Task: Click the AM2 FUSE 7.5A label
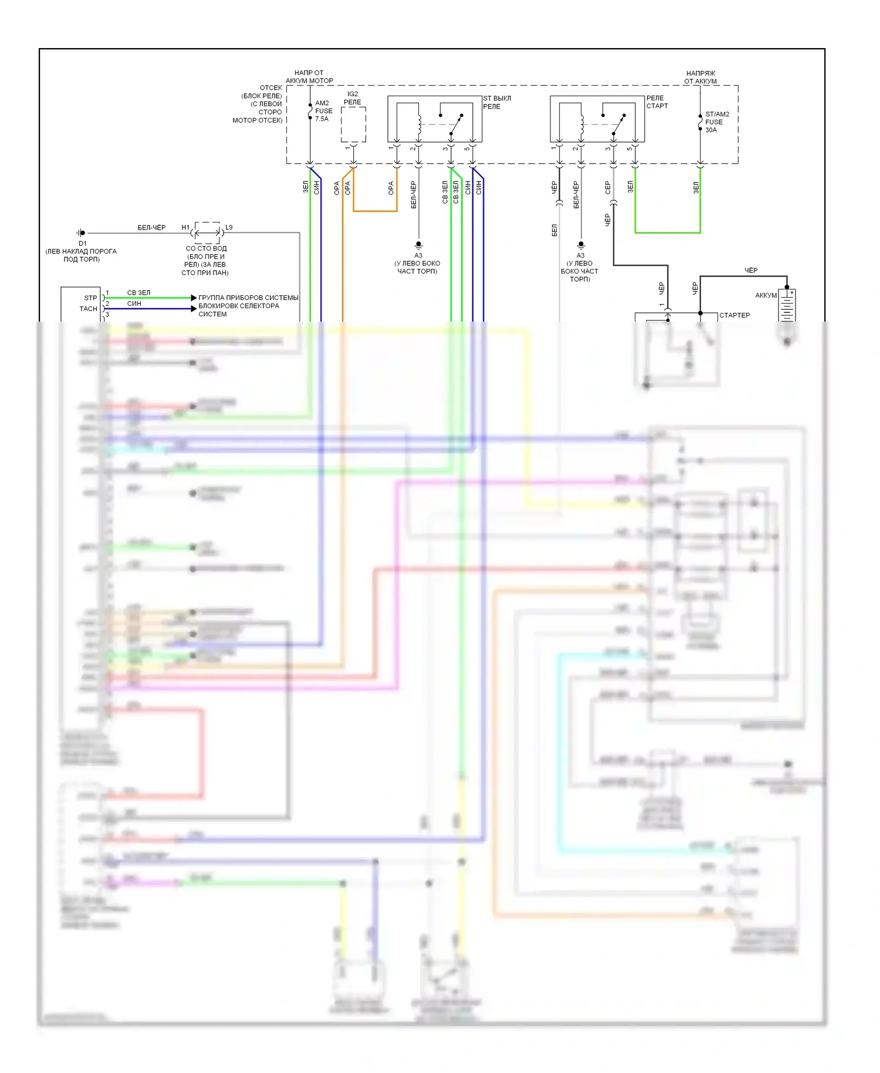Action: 323,111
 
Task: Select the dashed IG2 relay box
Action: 353,124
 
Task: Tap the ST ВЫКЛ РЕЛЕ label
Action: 497,102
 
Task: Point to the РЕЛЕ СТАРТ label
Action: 657,102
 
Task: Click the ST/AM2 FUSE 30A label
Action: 717,122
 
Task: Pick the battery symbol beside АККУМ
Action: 787,306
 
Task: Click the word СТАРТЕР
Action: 735,315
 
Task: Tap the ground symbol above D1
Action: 81,233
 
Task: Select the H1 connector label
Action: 185,227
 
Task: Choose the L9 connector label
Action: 229,227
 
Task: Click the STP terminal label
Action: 90,298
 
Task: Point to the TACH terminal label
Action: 89,309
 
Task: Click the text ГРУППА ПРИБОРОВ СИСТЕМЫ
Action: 248,298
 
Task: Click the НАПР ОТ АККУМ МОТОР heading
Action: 309,77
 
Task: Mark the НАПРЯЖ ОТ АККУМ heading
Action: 700,77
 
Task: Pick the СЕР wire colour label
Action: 608,188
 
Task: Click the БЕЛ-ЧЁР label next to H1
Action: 151,227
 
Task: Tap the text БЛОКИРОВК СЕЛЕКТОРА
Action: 239,306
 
